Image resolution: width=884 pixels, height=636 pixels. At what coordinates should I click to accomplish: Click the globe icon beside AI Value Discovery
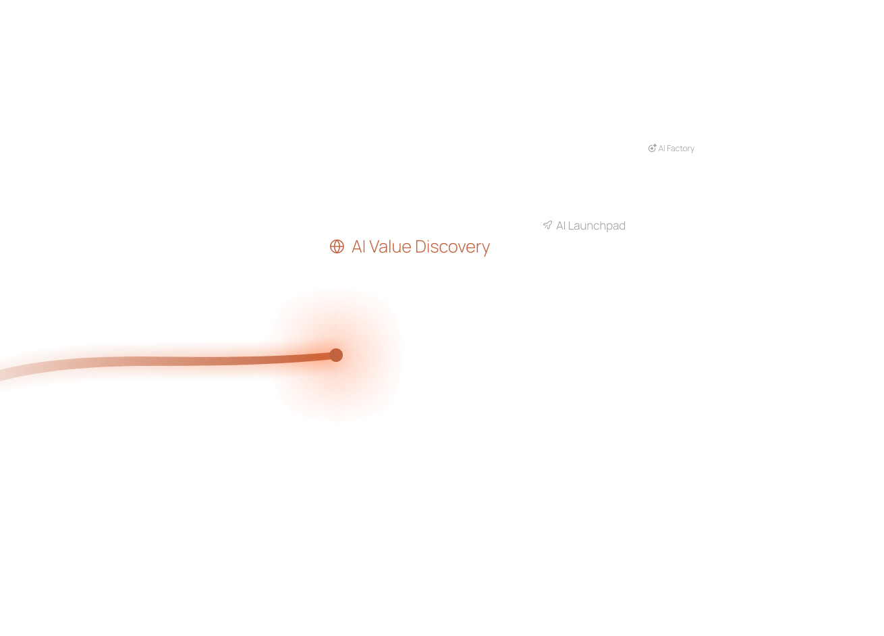pyautogui.click(x=337, y=247)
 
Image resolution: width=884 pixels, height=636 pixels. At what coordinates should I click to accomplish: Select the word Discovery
pyautogui.click(x=452, y=247)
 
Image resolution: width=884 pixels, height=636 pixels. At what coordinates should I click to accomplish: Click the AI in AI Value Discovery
pyautogui.click(x=358, y=247)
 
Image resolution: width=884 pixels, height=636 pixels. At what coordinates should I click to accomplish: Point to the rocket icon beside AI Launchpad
pyautogui.click(x=547, y=226)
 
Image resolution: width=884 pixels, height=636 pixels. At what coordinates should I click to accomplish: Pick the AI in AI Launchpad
pyautogui.click(x=560, y=226)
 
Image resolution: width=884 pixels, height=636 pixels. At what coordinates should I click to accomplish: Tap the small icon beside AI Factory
pyautogui.click(x=652, y=148)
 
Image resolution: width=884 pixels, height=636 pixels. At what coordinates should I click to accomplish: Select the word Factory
pyautogui.click(x=680, y=149)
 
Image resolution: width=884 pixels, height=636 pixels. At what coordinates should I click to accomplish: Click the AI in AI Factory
pyautogui.click(x=661, y=149)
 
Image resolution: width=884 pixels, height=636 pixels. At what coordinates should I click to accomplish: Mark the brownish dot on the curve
pyautogui.click(x=336, y=355)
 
